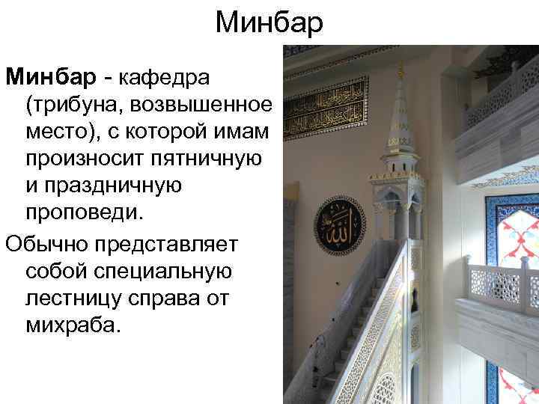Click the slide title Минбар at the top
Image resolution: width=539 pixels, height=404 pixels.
[x=269, y=23]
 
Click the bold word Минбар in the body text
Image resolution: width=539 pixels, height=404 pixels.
[x=50, y=76]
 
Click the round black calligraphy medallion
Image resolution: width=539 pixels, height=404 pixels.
[x=339, y=225]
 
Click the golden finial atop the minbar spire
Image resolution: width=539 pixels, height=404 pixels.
[x=400, y=68]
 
